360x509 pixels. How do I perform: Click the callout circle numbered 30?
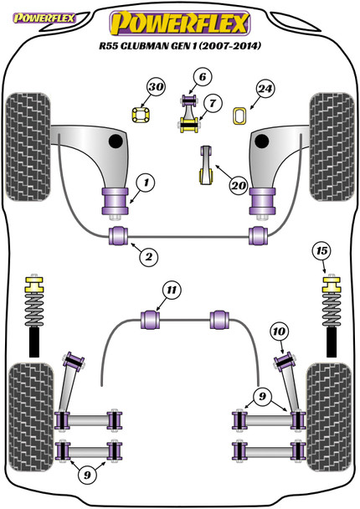coord(156,87)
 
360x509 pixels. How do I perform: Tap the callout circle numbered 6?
coord(203,77)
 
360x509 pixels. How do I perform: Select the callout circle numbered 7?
coord(213,103)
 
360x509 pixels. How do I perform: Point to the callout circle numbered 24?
coord(265,89)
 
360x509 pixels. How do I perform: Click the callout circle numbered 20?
coord(239,186)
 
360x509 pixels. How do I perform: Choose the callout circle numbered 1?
coord(146,183)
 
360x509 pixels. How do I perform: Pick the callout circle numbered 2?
coord(149,257)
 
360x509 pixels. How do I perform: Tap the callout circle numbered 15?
coord(321,251)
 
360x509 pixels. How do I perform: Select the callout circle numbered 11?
coord(172,290)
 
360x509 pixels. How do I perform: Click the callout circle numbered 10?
coord(279,332)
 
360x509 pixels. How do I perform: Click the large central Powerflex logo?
coord(180,23)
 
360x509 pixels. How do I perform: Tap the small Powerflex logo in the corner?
coord(44,18)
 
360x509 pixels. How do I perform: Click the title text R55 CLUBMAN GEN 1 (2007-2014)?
coord(180,46)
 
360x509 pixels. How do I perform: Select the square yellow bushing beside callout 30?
coord(141,115)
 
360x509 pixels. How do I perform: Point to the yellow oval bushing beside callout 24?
coord(239,116)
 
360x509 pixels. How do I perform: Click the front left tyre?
coord(28,147)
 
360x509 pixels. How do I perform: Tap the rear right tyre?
coord(329,417)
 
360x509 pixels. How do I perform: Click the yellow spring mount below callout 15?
coord(332,284)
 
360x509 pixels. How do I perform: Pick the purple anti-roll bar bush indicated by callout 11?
coord(151,320)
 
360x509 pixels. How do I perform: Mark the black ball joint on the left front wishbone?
coord(116,141)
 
